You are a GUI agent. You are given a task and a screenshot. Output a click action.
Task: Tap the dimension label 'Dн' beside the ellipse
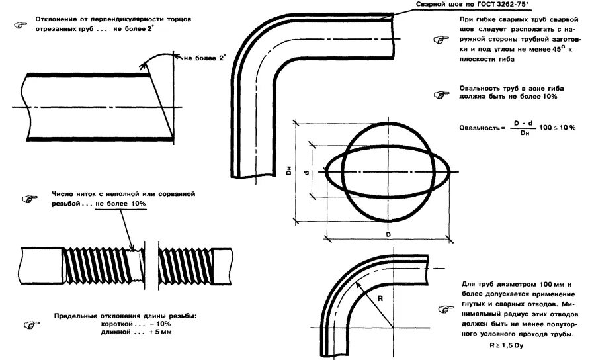pos(289,172)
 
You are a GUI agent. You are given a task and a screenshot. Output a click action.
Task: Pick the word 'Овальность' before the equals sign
pos(478,126)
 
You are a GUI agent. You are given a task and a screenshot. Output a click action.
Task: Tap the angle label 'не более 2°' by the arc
pos(204,58)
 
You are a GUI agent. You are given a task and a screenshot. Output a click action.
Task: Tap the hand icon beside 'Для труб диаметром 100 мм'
pos(444,310)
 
